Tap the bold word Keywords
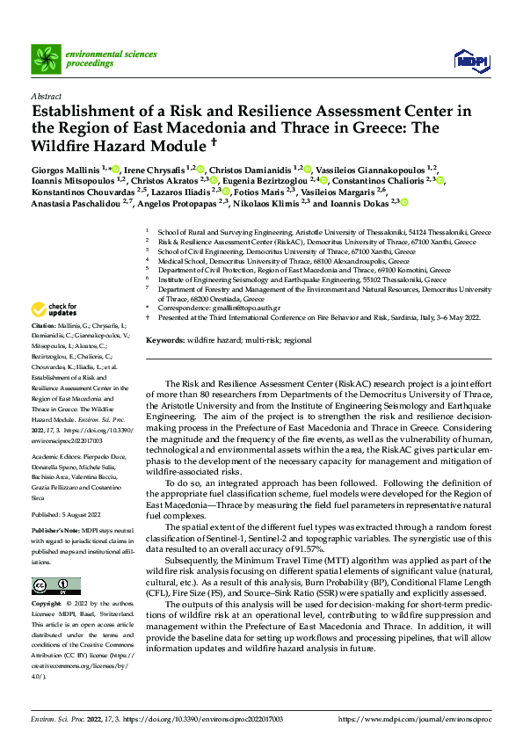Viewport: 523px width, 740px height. coord(165,339)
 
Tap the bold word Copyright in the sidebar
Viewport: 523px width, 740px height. coord(46,580)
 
